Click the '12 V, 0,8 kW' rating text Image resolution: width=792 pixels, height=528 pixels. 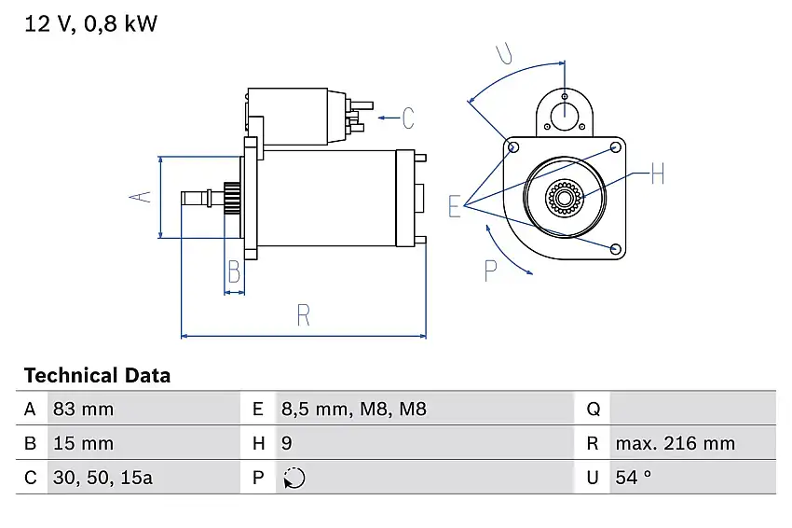coord(90,24)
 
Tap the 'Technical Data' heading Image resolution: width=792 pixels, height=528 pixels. coord(97,376)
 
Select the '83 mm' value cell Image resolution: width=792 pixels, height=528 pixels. coord(85,409)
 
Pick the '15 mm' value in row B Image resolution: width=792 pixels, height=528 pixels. coord(85,443)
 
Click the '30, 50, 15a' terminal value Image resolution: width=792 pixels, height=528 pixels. coord(104,478)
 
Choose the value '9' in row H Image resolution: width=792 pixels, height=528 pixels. coord(287,443)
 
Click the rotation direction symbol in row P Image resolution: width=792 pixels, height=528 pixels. coord(294,478)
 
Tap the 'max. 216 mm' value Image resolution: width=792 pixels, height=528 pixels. coord(675,443)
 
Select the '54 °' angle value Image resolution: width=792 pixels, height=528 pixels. coord(634,478)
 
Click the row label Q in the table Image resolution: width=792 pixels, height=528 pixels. coord(594,409)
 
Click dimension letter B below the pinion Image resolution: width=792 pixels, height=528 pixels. coord(234,271)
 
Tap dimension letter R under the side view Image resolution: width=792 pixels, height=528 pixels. coord(303,315)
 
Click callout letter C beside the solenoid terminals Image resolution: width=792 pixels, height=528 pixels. coord(407,118)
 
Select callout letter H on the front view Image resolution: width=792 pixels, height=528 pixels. coord(656,174)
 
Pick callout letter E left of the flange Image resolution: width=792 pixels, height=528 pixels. coord(455,206)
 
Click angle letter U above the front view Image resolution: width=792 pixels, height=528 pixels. coord(505,53)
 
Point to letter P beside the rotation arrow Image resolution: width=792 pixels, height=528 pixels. coord(491,271)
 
